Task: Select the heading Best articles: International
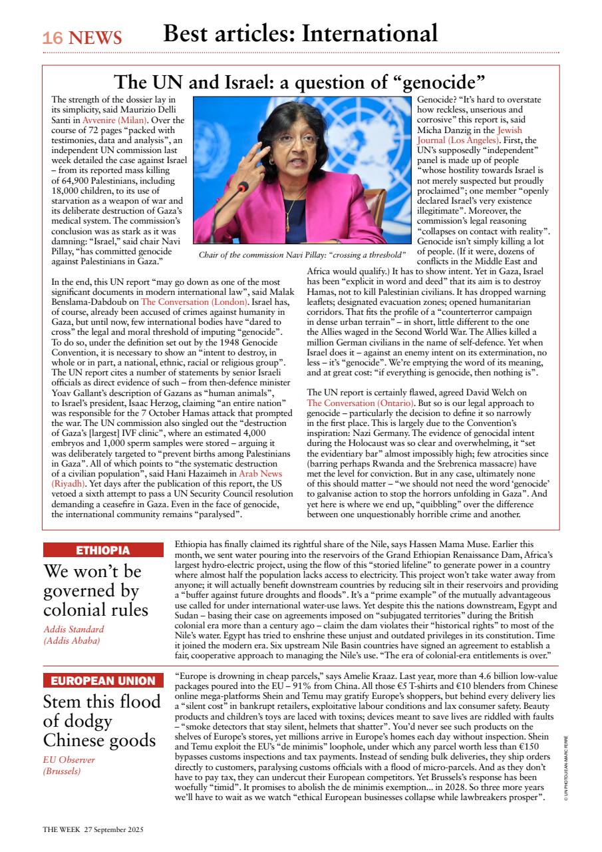click(300, 33)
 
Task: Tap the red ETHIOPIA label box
click(103, 550)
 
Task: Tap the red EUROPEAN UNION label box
click(103, 680)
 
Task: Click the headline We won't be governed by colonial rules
click(92, 590)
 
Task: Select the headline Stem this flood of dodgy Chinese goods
click(102, 721)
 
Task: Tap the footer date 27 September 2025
click(114, 829)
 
